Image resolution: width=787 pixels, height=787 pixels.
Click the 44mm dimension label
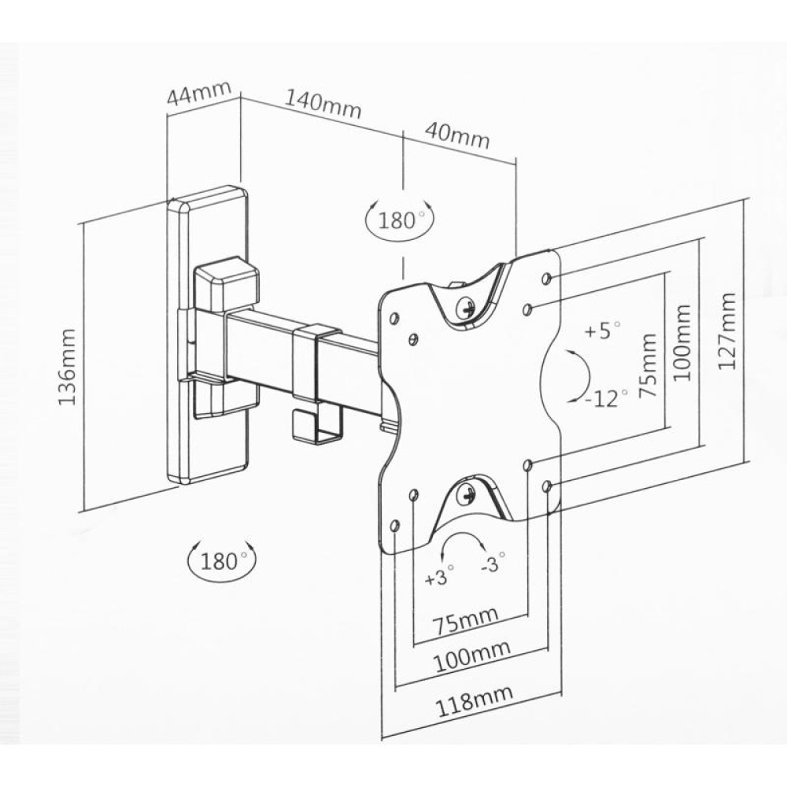tap(198, 95)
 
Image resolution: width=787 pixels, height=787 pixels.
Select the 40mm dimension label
tap(456, 135)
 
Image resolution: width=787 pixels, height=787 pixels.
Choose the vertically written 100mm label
tap(682, 343)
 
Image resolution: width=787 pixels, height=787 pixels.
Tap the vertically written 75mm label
tap(648, 368)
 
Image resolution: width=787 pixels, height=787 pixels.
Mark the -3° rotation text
tap(493, 564)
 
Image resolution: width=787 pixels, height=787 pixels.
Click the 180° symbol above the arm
tap(400, 219)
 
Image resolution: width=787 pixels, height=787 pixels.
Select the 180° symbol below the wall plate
tap(223, 560)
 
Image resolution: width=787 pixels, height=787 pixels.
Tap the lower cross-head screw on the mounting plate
tap(467, 496)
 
